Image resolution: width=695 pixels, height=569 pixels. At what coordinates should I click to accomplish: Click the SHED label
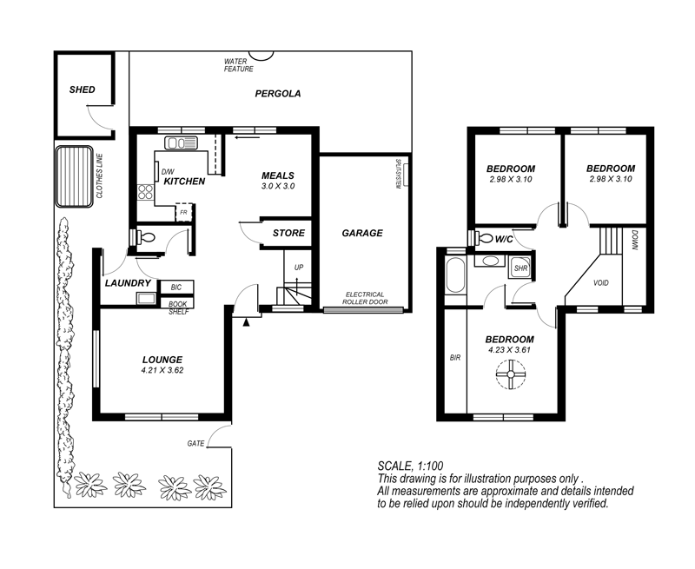[x=82, y=89]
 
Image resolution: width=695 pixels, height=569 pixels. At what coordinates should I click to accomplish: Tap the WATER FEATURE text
[x=238, y=65]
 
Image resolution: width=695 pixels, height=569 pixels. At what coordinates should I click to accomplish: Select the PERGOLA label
[x=278, y=94]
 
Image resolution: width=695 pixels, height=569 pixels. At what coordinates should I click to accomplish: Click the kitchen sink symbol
[x=182, y=143]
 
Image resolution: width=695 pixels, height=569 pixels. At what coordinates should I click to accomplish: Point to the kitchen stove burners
[x=145, y=192]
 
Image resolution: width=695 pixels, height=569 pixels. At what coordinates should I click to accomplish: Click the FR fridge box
[x=183, y=212]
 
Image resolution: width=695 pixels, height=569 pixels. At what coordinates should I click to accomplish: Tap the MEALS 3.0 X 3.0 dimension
[x=278, y=186]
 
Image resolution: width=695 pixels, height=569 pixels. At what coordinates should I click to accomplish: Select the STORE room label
[x=288, y=233]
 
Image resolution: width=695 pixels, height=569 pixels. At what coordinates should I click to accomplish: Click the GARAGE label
[x=362, y=233]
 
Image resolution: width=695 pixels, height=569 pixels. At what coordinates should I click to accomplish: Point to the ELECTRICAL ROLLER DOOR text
[x=365, y=298]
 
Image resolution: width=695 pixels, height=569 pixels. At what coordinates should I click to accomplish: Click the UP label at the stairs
[x=299, y=268]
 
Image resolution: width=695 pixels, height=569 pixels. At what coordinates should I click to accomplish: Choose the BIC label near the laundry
[x=176, y=288]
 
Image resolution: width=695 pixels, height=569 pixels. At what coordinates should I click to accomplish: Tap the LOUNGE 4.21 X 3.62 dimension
[x=162, y=370]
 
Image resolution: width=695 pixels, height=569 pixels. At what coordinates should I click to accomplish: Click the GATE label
[x=196, y=443]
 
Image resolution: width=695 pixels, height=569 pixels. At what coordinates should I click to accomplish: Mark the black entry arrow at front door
[x=247, y=322]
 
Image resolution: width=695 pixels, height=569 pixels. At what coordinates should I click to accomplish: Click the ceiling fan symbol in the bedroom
[x=511, y=374]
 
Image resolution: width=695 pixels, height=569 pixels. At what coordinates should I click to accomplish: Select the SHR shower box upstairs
[x=520, y=268]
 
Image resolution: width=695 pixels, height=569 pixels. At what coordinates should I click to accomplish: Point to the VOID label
[x=601, y=282]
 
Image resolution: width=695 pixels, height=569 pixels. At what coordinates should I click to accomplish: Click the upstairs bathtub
[x=454, y=276]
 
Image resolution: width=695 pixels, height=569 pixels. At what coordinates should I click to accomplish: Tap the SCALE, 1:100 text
[x=410, y=466]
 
